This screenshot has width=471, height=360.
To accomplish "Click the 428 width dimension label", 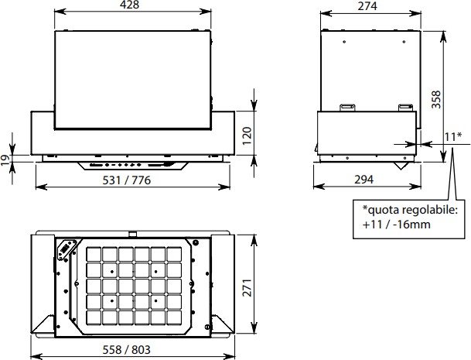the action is tap(129, 5).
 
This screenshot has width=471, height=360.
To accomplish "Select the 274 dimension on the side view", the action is tap(367, 6).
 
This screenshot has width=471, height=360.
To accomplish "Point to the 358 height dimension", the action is tap(436, 99).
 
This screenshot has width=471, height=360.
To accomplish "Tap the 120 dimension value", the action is tap(247, 135).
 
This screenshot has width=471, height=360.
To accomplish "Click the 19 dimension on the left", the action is tap(5, 159).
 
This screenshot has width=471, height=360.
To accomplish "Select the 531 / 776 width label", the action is tap(127, 180).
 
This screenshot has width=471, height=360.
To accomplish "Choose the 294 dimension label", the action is tap(364, 180).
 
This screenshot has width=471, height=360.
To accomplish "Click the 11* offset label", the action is tap(453, 137).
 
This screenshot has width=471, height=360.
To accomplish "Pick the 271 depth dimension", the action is tap(247, 288).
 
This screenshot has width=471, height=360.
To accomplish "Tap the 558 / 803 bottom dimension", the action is tap(127, 350).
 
